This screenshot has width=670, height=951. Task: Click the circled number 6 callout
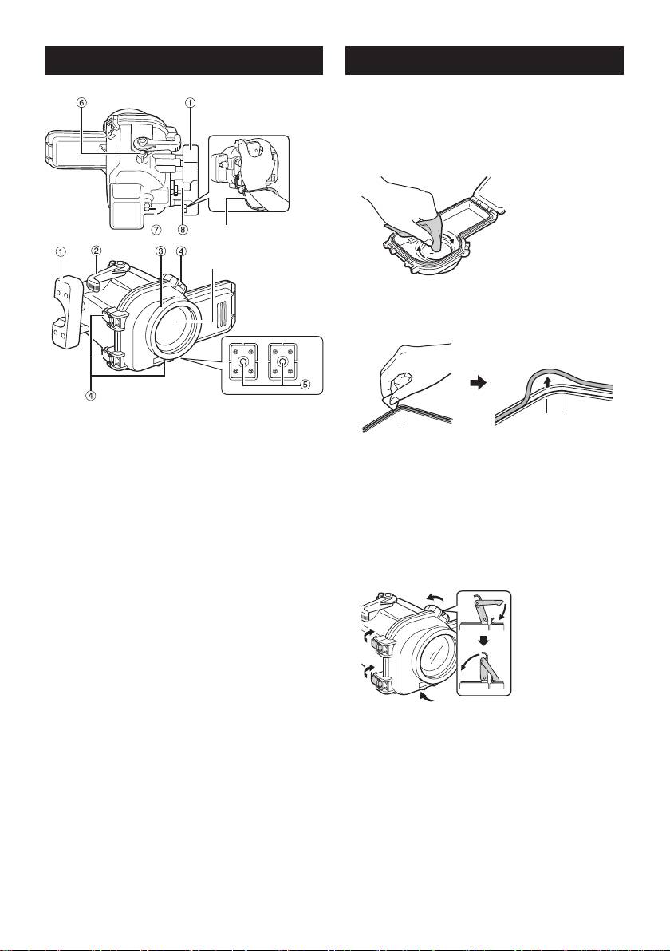(x=82, y=102)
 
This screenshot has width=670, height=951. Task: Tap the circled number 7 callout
(x=157, y=219)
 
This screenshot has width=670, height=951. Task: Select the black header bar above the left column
(x=183, y=61)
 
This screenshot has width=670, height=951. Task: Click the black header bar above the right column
(x=484, y=61)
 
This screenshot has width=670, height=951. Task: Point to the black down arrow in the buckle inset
(x=482, y=638)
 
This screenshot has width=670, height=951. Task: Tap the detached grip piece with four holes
(x=62, y=302)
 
